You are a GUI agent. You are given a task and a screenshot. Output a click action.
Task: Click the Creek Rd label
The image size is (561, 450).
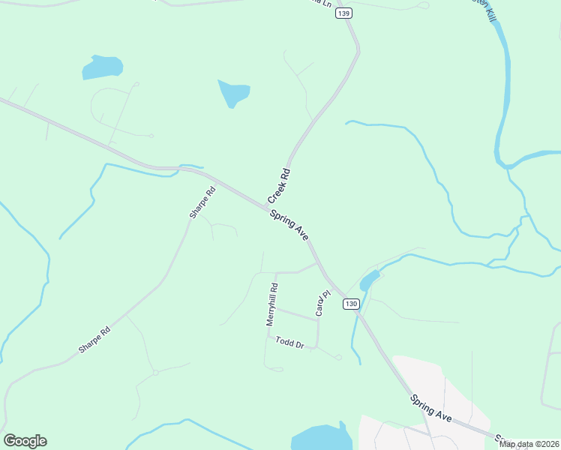(x=279, y=185)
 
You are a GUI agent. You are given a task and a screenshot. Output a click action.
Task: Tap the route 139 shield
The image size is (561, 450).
(x=344, y=13)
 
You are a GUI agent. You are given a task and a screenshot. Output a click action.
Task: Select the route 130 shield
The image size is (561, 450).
(x=352, y=304)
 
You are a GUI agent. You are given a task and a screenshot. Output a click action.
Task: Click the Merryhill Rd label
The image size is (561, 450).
(x=272, y=304)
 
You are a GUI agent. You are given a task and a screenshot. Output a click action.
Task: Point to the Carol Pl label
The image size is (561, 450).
(x=322, y=303)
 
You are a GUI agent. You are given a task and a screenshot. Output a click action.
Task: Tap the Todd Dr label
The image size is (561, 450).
(x=289, y=343)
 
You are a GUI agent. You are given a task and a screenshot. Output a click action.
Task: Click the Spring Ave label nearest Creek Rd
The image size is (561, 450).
(x=290, y=225)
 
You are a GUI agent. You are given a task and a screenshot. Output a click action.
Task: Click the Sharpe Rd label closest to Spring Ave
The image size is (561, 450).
(x=202, y=202)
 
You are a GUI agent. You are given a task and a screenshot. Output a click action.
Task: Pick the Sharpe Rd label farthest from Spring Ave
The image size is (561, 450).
(x=94, y=340)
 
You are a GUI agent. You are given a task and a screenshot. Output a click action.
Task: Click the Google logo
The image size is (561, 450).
(x=25, y=441)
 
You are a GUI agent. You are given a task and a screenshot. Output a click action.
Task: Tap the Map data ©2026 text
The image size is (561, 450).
(x=529, y=444)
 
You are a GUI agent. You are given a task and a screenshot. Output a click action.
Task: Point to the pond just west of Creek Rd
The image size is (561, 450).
(x=233, y=93)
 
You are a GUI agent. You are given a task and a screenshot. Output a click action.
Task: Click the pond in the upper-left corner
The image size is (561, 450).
(x=102, y=67)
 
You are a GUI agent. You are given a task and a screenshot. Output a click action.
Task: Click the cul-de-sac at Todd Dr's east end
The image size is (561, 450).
(x=339, y=358)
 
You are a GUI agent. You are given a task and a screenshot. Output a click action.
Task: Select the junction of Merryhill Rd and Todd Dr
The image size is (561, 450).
(x=267, y=335)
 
